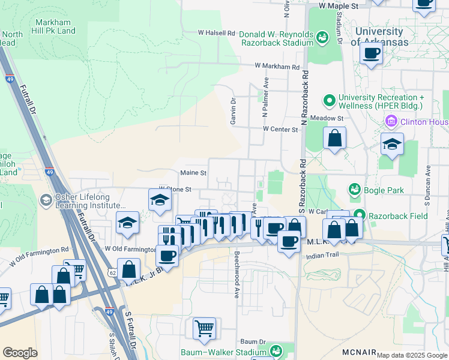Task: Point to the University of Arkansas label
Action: pyautogui.click(x=379, y=37)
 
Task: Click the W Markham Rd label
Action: pyautogui.click(x=277, y=67)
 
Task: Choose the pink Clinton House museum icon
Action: pyautogui.click(x=391, y=122)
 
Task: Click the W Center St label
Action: pyautogui.click(x=280, y=129)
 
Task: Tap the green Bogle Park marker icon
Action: pyautogui.click(x=354, y=190)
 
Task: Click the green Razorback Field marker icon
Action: pyautogui.click(x=359, y=214)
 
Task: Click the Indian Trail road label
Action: pyautogui.click(x=322, y=256)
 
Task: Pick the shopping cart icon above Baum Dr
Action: pyautogui.click(x=204, y=328)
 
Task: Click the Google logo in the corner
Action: pyautogui.click(x=20, y=353)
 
